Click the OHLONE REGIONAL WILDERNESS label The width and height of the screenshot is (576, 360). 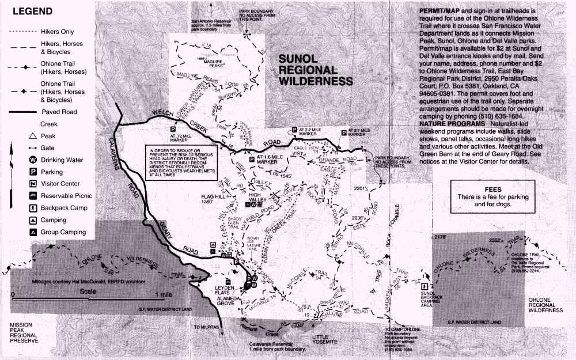[x=545, y=305]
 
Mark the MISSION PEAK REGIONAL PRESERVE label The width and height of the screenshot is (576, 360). [x=24, y=333]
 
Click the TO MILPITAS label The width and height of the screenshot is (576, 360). [x=206, y=327]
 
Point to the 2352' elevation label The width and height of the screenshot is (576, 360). [x=495, y=241]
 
